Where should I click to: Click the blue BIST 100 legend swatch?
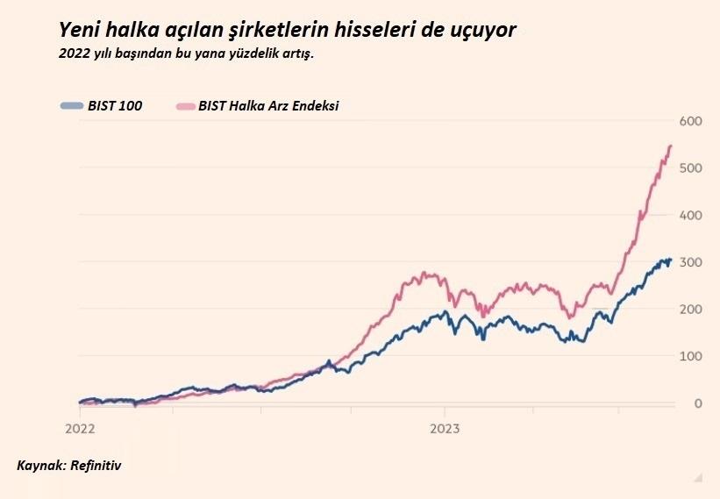[72, 106]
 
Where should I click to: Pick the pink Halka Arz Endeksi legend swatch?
[184, 106]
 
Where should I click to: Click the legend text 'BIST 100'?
[115, 106]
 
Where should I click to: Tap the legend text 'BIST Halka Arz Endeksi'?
[268, 106]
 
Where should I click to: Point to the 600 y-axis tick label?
[691, 120]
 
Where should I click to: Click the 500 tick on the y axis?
[691, 168]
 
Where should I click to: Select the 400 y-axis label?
[691, 215]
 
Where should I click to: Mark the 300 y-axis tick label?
[691, 262]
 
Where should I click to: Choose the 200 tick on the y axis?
[691, 310]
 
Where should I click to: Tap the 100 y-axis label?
[691, 356]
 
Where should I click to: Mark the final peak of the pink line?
[671, 146]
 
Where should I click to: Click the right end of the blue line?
[671, 260]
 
